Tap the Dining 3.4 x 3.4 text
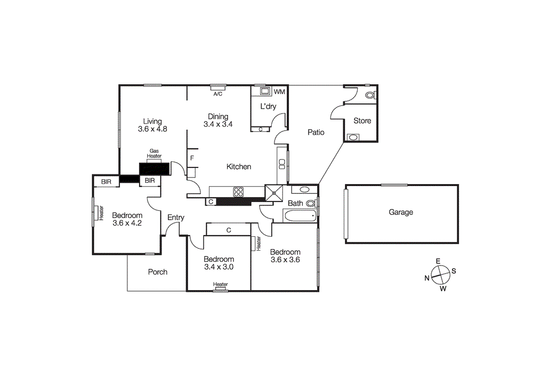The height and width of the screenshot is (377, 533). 218,121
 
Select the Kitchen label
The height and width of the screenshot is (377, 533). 239,167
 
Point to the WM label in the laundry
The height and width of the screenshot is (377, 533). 279,92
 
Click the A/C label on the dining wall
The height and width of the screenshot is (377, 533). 217,94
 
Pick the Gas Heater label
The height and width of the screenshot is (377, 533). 155,154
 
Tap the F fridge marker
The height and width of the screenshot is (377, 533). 192,158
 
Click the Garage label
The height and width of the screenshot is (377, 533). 400,212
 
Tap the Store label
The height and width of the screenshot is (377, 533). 362,121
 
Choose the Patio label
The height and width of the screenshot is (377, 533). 316,132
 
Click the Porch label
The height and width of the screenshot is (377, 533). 157,272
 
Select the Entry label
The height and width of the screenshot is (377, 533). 176,218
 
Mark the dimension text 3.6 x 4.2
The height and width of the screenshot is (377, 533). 127,223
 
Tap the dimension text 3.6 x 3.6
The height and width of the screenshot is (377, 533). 285,260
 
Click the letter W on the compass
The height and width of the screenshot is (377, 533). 443,290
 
